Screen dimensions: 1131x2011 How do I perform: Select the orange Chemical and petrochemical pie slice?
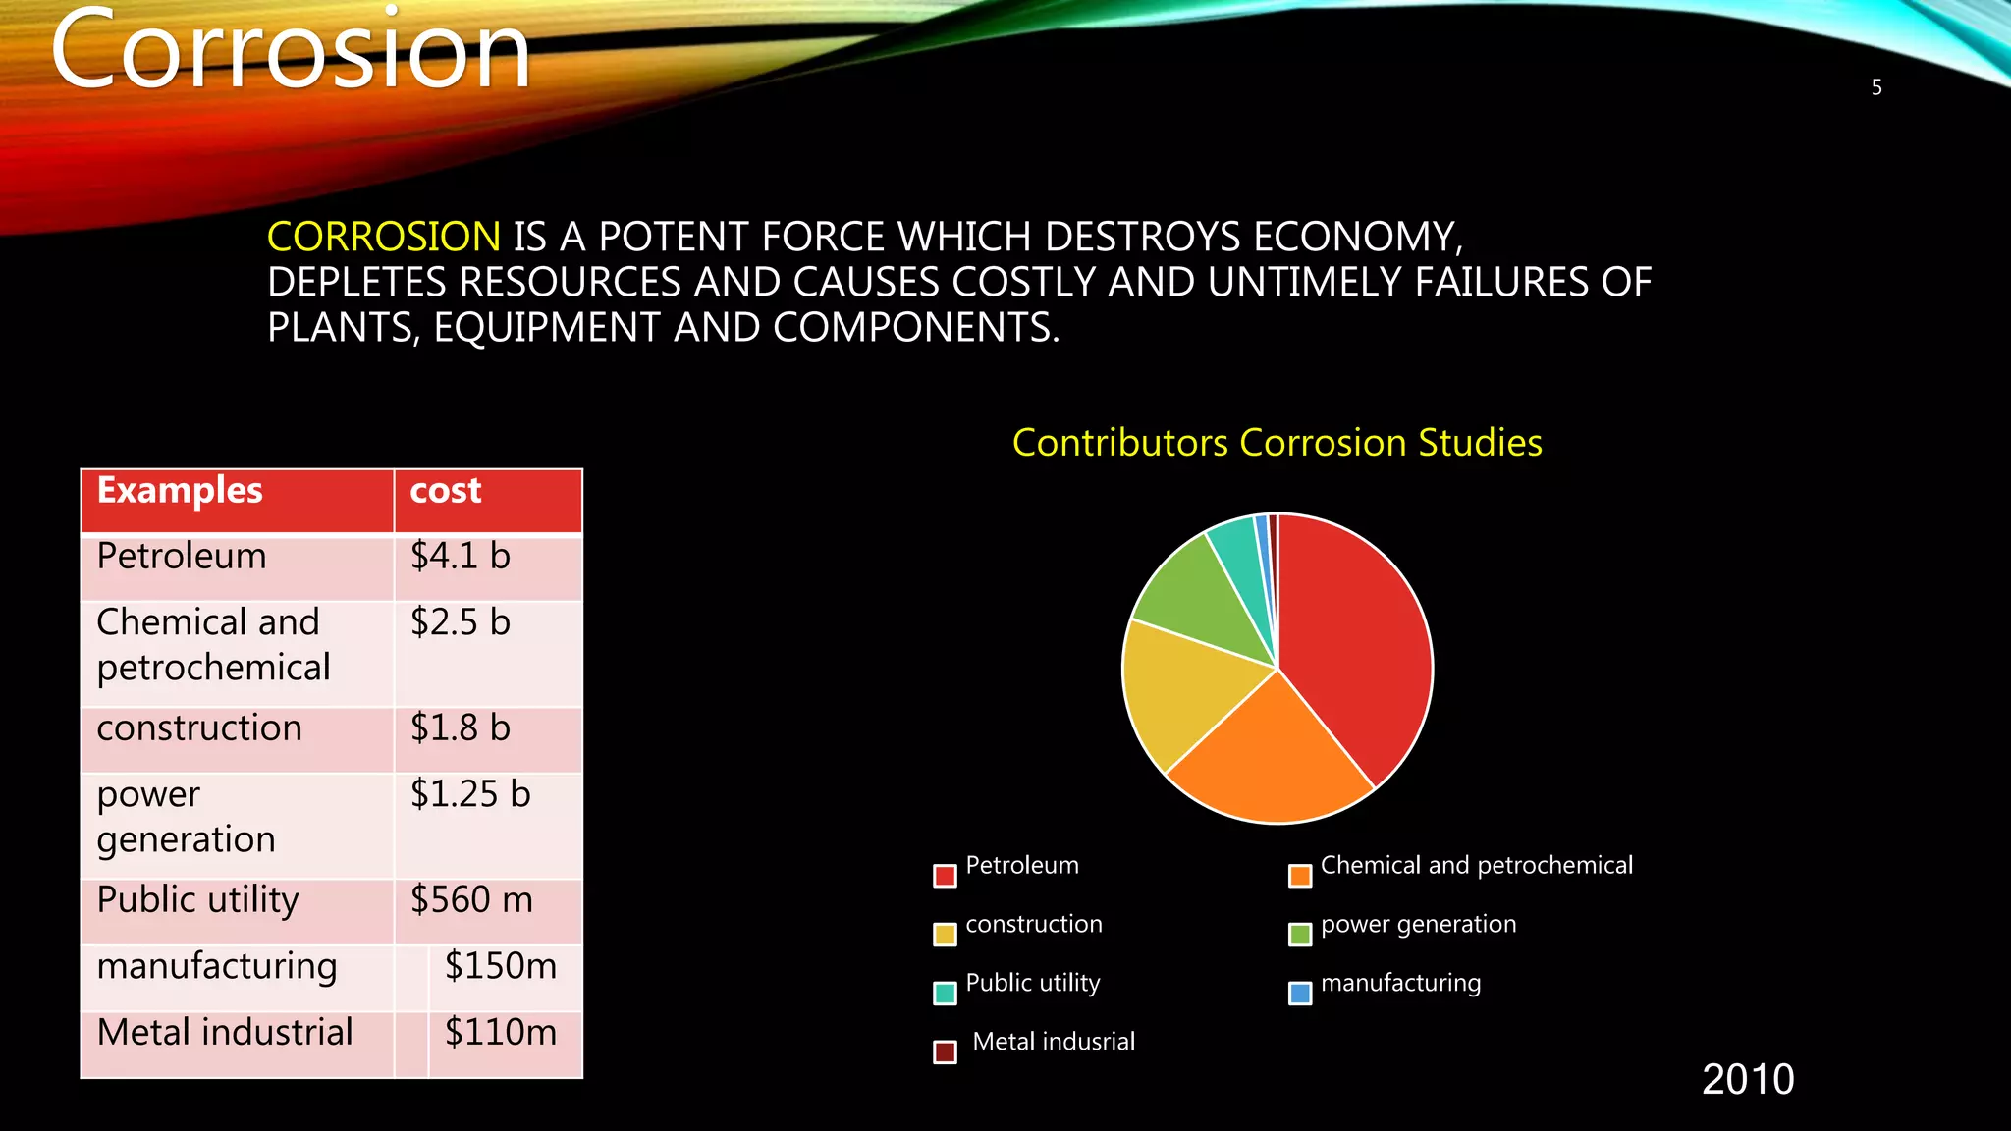(1267, 756)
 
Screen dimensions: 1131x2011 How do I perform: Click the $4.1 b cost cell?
(461, 557)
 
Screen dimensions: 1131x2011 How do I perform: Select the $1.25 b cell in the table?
(470, 794)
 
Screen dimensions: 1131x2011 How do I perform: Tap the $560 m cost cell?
(471, 900)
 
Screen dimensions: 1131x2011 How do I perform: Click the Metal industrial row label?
(225, 1033)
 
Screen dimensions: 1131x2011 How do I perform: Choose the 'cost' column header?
(446, 491)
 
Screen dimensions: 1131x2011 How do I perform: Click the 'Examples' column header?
(180, 491)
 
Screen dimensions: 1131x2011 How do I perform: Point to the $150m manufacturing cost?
(501, 966)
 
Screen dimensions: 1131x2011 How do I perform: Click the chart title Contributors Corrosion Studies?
(1277, 443)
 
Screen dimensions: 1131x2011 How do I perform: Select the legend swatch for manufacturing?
(1300, 994)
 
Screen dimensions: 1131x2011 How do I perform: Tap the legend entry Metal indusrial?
(1053, 1042)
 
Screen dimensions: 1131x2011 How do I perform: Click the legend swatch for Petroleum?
(945, 876)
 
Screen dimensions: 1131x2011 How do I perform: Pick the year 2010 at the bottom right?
(1748, 1080)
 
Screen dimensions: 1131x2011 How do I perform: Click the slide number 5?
(1876, 88)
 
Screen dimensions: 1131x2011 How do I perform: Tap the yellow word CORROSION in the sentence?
(384, 238)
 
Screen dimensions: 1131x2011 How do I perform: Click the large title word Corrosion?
(291, 51)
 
